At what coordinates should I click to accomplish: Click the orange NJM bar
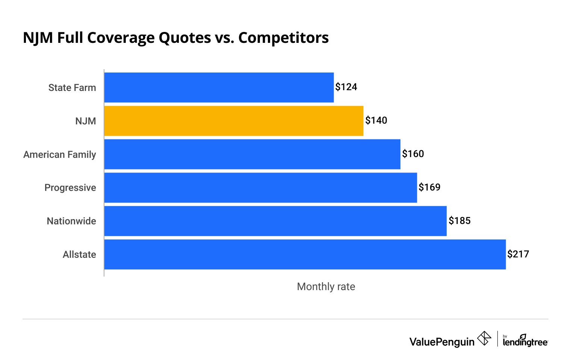click(234, 121)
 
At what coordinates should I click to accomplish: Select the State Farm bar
click(219, 87)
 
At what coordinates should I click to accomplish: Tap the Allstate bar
click(305, 254)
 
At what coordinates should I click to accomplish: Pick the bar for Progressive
click(260, 188)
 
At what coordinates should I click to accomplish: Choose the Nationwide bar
click(275, 221)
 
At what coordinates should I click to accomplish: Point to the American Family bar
click(252, 154)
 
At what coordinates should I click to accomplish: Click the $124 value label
click(346, 87)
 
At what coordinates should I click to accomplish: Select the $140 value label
click(376, 121)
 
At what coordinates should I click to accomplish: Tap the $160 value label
click(413, 154)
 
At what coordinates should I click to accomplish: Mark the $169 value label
click(429, 188)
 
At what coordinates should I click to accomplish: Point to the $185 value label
click(459, 221)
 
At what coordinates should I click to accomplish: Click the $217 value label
click(518, 254)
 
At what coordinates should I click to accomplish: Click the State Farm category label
click(72, 88)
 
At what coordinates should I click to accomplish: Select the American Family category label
click(60, 154)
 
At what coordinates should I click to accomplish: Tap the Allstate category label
click(79, 255)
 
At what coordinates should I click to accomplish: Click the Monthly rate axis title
click(326, 287)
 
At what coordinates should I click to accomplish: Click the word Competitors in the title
click(283, 38)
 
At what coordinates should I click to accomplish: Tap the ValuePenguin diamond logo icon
click(484, 338)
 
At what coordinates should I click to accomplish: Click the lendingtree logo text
click(525, 341)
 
